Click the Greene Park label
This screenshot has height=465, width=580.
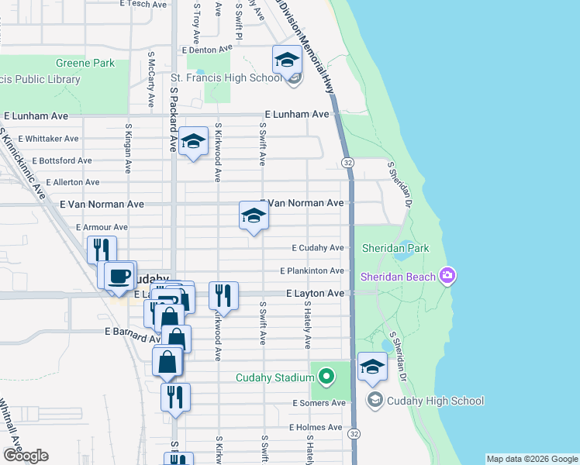click(85, 63)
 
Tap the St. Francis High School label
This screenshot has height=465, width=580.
click(226, 77)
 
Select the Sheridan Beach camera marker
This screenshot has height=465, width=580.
click(447, 276)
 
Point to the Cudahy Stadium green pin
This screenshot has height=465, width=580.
click(326, 377)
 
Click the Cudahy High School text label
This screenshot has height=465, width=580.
click(436, 401)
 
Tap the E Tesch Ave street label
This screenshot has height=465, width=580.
click(143, 4)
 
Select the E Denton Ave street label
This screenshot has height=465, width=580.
click(207, 50)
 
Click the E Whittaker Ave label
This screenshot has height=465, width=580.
click(49, 139)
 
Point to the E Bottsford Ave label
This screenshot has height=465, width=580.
click(49, 160)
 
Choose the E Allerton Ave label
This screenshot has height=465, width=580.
click(73, 182)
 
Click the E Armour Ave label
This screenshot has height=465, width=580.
click(102, 227)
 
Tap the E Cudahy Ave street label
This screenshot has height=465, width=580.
click(317, 248)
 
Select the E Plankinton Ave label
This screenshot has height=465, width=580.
click(312, 270)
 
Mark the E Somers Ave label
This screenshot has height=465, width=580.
click(319, 403)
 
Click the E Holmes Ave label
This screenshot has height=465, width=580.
click(316, 427)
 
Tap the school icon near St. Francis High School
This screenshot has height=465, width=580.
click(286, 59)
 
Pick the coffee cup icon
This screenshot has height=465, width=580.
click(119, 275)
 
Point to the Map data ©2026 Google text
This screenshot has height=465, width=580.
click(531, 459)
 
